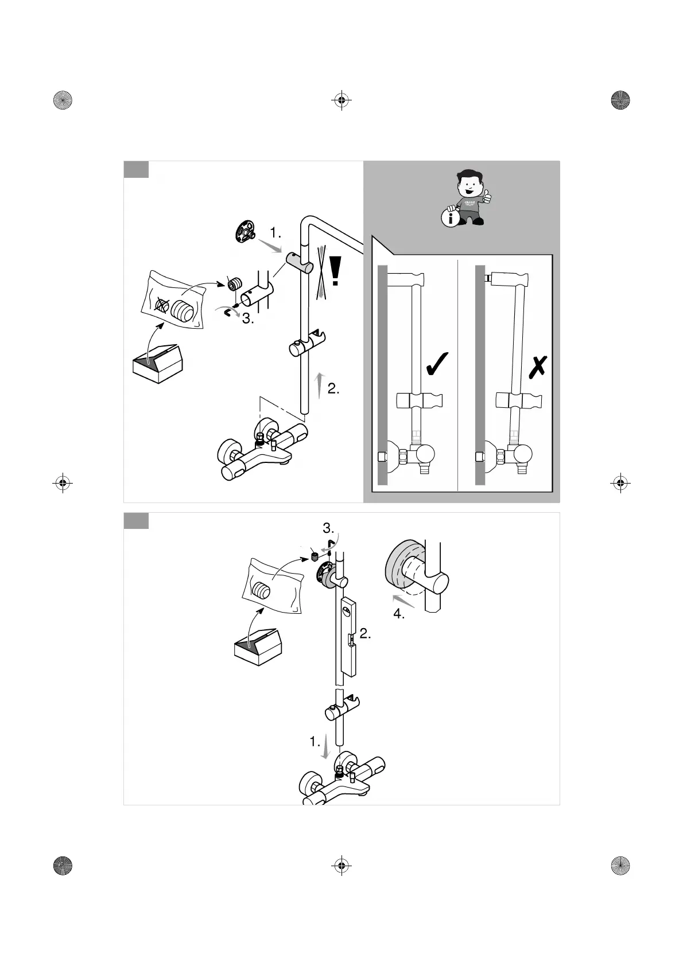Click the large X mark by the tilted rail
(x=537, y=367)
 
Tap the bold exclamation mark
(x=336, y=271)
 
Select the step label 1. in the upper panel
(x=275, y=232)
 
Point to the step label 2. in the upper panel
(x=333, y=389)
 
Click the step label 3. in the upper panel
(x=248, y=319)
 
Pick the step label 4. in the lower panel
(x=399, y=614)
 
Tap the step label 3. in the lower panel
(x=328, y=527)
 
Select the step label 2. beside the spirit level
(x=365, y=634)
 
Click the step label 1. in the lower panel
(x=315, y=742)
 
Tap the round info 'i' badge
(x=451, y=218)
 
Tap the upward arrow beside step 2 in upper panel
(x=320, y=385)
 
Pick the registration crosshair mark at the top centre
(x=341, y=100)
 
